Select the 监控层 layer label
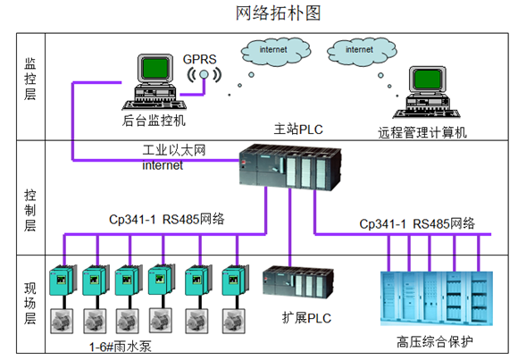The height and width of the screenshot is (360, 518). pyautogui.click(x=29, y=80)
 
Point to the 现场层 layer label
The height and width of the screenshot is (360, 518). pyautogui.click(x=29, y=304)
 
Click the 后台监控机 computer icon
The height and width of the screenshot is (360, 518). pyautogui.click(x=154, y=79)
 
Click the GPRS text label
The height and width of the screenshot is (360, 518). pyautogui.click(x=201, y=59)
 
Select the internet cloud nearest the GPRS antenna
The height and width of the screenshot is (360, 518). pyautogui.click(x=273, y=52)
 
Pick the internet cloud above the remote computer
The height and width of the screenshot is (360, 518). pyautogui.click(x=359, y=52)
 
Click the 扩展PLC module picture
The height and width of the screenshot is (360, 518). pyautogui.click(x=292, y=284)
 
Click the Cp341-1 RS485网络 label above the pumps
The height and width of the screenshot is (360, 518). pyautogui.click(x=167, y=219)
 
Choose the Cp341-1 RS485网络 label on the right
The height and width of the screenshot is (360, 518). pyautogui.click(x=417, y=222)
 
